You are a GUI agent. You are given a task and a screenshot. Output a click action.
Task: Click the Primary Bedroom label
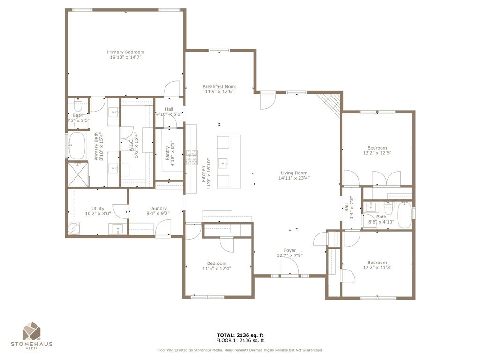(x=125, y=52)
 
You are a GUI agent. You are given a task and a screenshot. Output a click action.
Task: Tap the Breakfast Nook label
(x=219, y=87)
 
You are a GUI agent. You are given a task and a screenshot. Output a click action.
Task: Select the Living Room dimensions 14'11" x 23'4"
(x=294, y=178)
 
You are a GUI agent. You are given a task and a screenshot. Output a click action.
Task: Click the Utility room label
(x=98, y=209)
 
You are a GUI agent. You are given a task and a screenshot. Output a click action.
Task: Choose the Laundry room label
(x=158, y=209)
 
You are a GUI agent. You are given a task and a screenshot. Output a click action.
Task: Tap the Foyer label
(x=290, y=250)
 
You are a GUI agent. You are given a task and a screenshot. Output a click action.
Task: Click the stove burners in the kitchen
(x=191, y=157)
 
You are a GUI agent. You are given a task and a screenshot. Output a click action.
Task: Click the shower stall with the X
(x=77, y=173)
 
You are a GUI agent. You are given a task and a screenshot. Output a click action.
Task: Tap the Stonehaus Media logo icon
(x=32, y=331)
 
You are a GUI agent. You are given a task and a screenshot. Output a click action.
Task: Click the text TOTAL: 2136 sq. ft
(x=240, y=335)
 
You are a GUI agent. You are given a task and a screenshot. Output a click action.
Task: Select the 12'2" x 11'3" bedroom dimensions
(x=377, y=268)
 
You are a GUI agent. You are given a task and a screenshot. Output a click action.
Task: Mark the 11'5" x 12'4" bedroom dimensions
(x=217, y=269)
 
